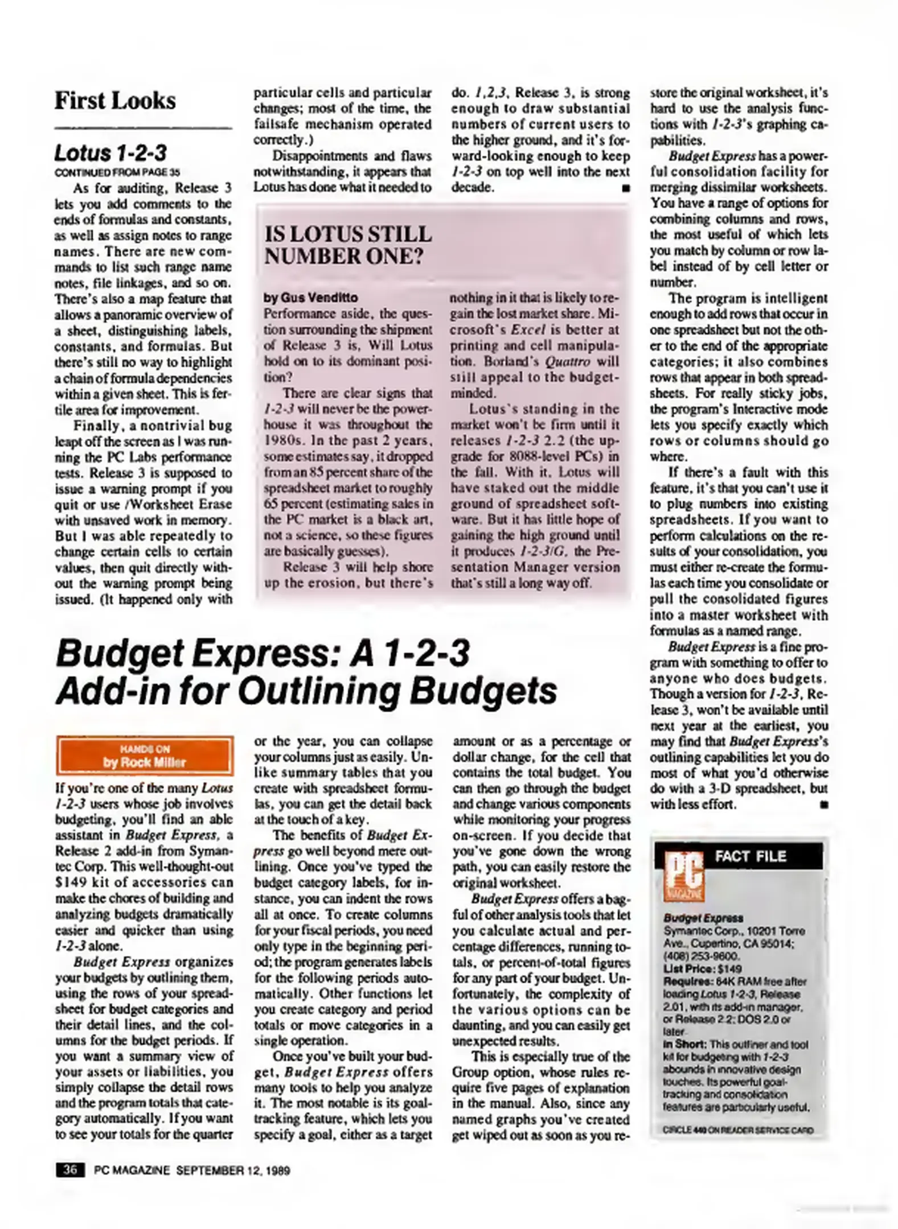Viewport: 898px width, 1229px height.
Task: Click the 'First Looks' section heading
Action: coord(115,101)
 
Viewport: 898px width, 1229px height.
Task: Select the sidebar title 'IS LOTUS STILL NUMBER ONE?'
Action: coord(348,245)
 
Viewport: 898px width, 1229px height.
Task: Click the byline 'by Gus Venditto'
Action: coord(311,298)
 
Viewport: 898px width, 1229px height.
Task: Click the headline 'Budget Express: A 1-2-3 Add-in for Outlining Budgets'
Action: coord(306,672)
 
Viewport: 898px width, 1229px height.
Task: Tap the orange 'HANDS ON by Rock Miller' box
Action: coord(145,756)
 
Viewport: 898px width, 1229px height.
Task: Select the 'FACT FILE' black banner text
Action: coord(751,856)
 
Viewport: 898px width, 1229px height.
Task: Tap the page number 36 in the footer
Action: coord(70,1170)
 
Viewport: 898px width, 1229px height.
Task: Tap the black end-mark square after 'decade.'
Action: coord(626,188)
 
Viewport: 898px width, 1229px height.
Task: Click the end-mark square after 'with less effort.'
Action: coord(823,805)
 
